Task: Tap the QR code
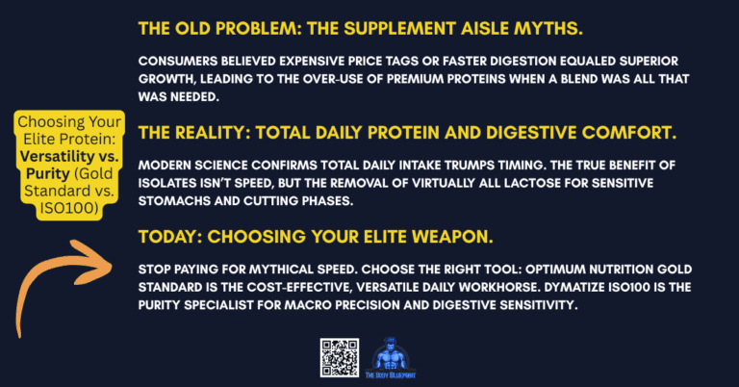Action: [x=340, y=356]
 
